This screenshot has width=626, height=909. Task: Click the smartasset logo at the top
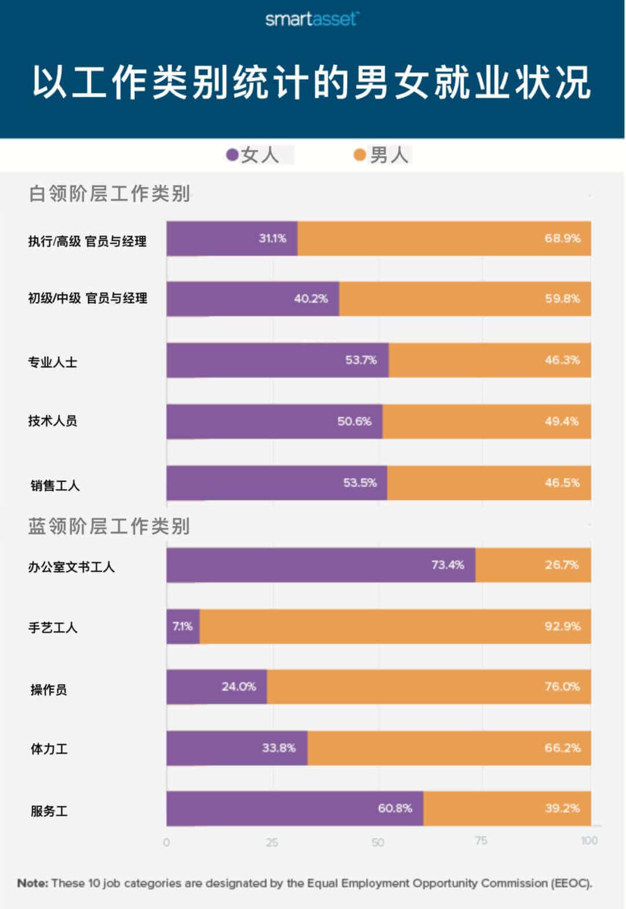click(311, 19)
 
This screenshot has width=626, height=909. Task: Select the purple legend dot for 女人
click(232, 155)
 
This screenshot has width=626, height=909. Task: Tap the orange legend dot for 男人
click(360, 155)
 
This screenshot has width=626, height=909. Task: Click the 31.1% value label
click(272, 238)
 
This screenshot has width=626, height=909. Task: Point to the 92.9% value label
click(562, 626)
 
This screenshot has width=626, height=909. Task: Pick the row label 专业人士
click(53, 362)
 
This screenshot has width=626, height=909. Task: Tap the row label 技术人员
click(53, 421)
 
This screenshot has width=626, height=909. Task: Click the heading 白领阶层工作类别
click(110, 194)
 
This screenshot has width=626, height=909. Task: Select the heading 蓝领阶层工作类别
click(110, 526)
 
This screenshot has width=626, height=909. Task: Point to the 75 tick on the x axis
click(481, 841)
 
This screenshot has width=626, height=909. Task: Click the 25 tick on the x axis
click(272, 842)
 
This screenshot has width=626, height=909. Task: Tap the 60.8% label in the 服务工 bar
click(395, 808)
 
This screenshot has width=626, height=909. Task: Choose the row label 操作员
click(49, 689)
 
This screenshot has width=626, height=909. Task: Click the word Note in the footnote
click(32, 883)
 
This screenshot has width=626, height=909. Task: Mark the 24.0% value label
click(239, 687)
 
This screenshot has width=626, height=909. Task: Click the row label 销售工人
click(55, 485)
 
